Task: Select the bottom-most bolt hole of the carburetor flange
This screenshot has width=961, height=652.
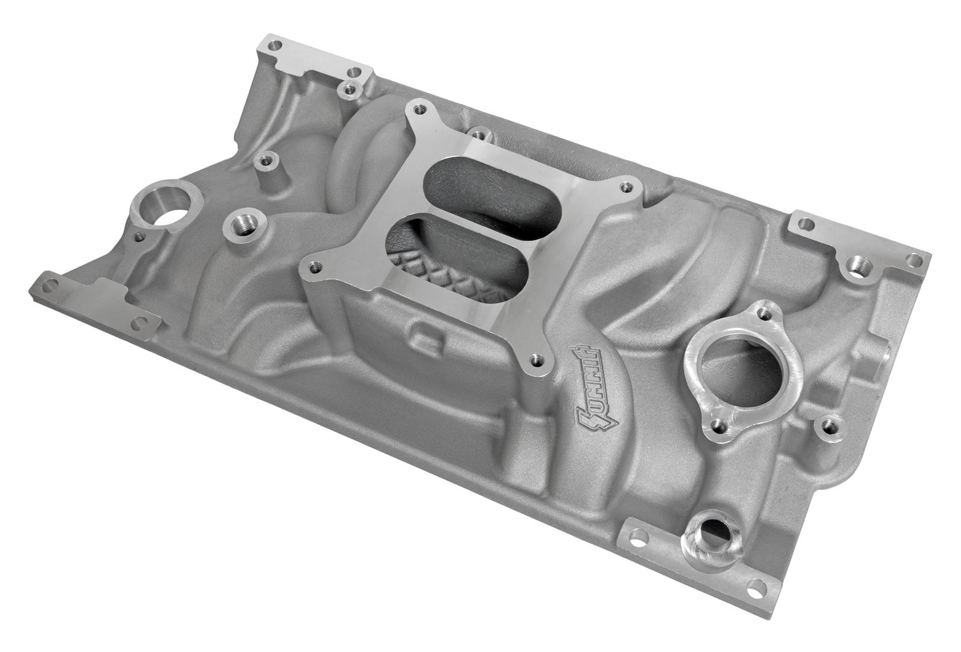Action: (535, 361)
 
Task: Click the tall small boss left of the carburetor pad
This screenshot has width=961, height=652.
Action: (262, 161)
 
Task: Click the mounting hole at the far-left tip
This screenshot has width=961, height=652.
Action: (49, 282)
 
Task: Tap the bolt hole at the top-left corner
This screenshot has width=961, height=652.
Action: (274, 45)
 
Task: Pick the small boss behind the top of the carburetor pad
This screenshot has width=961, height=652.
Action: (478, 133)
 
